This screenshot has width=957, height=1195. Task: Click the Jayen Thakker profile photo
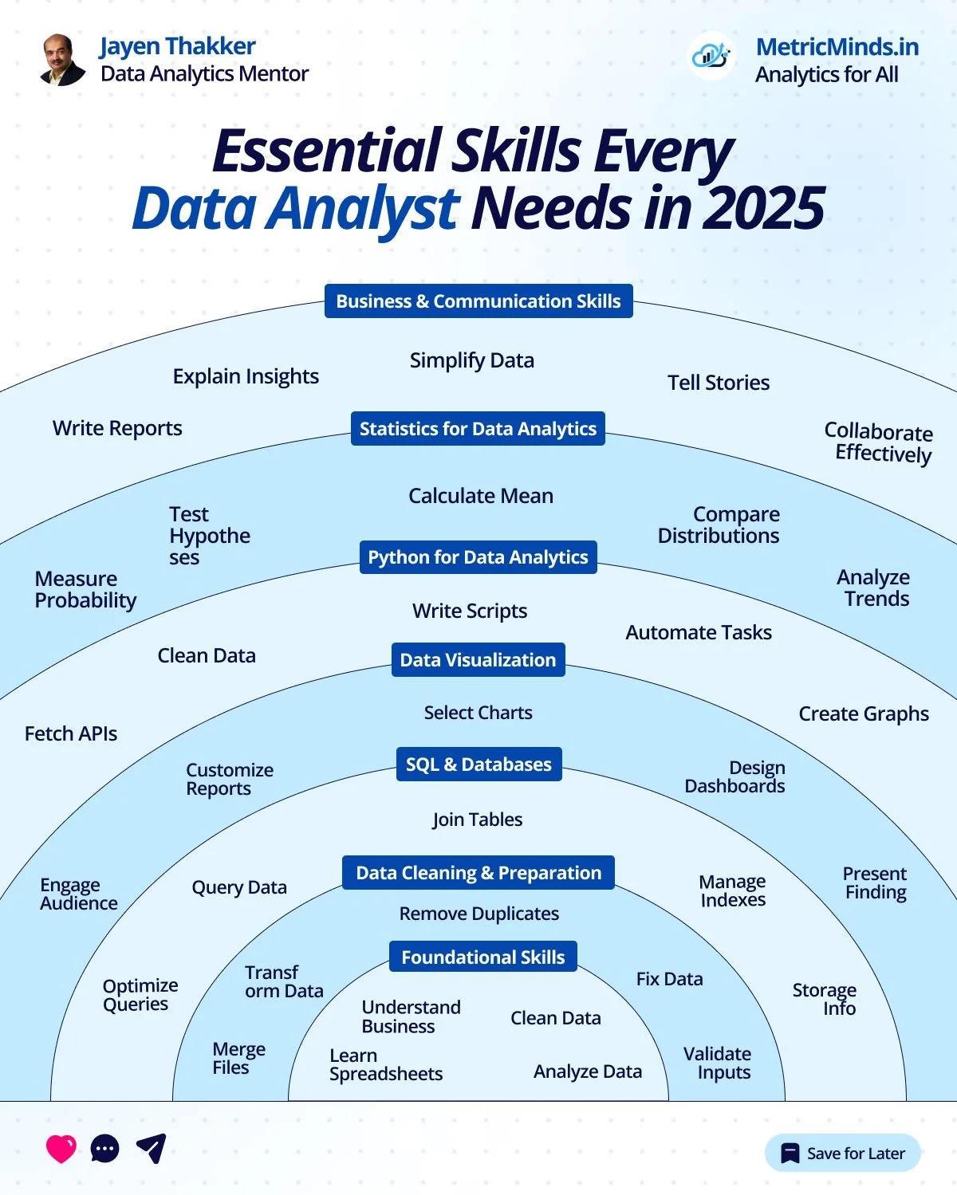pos(63,60)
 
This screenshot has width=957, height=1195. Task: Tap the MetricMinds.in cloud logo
pos(711,56)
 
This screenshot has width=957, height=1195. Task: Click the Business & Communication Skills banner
pos(478,301)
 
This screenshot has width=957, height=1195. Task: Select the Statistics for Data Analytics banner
pos(478,429)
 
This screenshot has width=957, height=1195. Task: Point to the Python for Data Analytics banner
pos(478,557)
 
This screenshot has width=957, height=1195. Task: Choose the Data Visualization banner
pos(478,660)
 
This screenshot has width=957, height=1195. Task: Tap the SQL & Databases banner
pos(478,765)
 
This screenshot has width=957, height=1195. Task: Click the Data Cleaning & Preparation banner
pos(478,873)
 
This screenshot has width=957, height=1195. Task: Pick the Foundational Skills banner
pos(482,957)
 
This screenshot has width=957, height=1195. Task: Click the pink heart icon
pos(61,1149)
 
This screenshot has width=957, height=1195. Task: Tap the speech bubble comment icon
pos(105,1149)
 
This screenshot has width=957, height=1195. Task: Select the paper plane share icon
pos(151,1148)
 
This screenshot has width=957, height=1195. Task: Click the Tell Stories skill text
pos(719,383)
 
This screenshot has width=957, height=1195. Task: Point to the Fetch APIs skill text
pos(71,733)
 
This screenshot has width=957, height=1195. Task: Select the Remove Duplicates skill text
pos(478,914)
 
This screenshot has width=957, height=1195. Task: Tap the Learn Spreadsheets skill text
pos(385,1065)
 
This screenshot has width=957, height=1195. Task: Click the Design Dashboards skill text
pos(734,777)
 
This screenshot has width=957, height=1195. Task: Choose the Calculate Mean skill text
pos(481,496)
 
